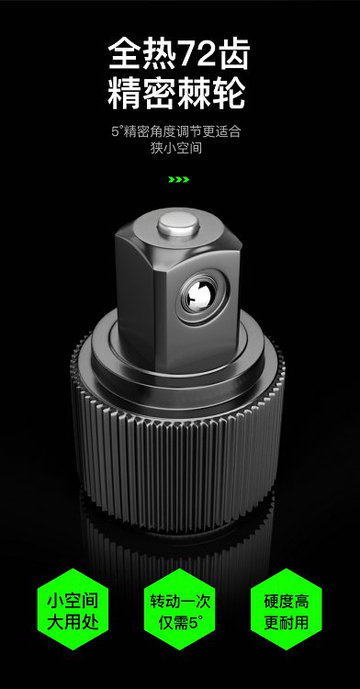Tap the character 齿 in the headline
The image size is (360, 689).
[234, 53]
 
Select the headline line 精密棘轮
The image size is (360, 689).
[177, 94]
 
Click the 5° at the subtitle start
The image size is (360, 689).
[116, 131]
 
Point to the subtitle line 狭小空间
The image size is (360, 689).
[176, 148]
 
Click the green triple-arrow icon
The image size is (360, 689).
[179, 179]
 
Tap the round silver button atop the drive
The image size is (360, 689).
[178, 223]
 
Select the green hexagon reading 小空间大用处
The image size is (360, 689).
[73, 611]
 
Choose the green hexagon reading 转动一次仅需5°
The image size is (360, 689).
[180, 611]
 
